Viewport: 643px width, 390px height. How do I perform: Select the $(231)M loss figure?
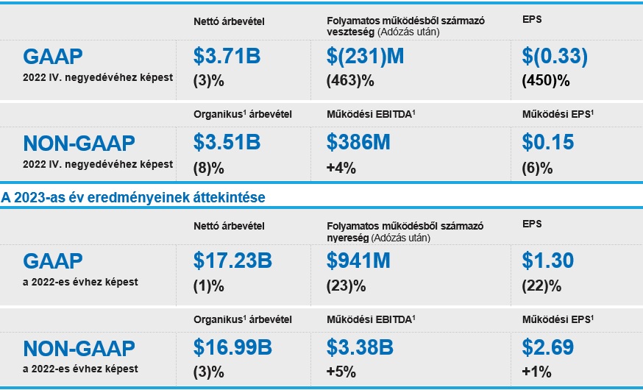[x=366, y=56]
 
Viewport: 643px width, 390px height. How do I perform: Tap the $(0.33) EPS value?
[x=555, y=56]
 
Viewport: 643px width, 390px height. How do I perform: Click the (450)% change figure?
[x=546, y=80]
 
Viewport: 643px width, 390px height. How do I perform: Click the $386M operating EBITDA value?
[x=358, y=142]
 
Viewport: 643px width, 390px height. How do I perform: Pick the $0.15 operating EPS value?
[x=549, y=142]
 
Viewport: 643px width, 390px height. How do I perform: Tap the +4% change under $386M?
[x=341, y=167]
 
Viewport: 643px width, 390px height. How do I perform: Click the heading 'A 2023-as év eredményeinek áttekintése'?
[x=133, y=197]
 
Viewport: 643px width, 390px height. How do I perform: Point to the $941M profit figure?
[x=358, y=260]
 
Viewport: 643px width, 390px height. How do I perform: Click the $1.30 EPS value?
[x=549, y=260]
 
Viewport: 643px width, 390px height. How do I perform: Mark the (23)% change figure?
[x=344, y=286]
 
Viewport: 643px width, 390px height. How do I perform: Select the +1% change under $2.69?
[x=536, y=372]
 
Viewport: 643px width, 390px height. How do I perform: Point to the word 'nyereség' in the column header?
[x=349, y=238]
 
